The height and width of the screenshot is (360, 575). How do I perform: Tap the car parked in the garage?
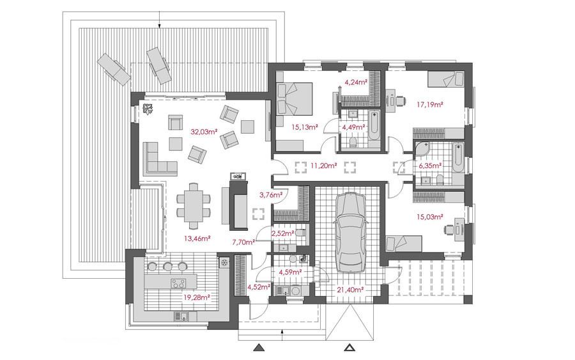350,231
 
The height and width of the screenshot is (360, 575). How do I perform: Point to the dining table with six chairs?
194,205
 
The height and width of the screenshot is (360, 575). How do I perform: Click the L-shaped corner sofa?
158,160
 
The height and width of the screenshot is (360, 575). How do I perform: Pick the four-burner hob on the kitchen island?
178,283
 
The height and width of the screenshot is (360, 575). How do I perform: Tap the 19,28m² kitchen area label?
196,297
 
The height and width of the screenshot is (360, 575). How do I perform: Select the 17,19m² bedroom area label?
430,105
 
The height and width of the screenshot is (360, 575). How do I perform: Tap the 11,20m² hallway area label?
323,166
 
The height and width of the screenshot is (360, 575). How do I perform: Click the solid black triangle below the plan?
259,347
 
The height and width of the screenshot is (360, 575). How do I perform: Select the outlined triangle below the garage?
350,347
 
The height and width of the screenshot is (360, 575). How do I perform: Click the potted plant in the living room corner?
148,109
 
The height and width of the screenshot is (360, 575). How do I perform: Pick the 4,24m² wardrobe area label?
355,82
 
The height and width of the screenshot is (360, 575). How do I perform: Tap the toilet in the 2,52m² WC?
301,233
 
